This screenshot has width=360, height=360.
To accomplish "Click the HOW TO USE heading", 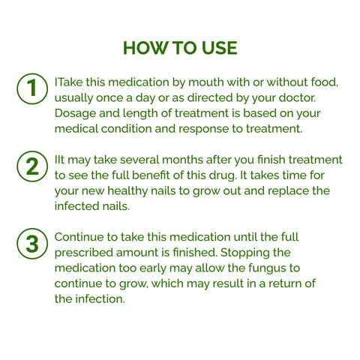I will (x=180, y=48).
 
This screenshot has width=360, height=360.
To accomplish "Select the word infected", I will (x=78, y=206).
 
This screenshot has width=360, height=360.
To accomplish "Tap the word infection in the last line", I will (x=104, y=299).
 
